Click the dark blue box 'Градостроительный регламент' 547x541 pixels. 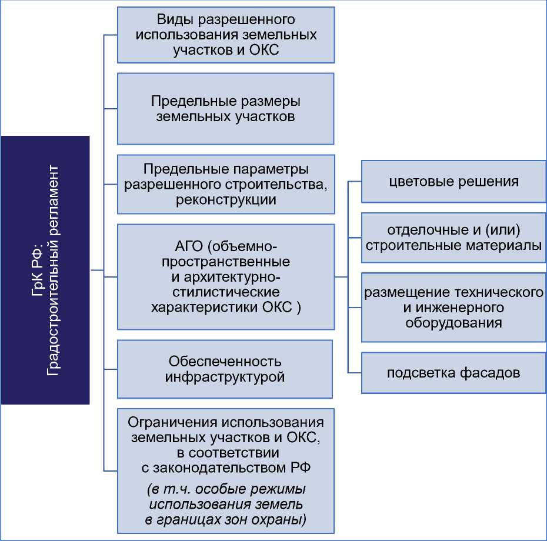[45, 270]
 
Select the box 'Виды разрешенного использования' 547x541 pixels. [226, 35]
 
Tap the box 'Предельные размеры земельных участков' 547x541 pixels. [226, 108]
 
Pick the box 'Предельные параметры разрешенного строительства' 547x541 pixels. [226, 184]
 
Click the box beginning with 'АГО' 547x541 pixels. [226, 276]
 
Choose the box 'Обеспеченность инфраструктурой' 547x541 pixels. [226, 369]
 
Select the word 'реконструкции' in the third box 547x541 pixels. [226, 199]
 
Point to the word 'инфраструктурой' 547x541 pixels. [226, 376]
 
